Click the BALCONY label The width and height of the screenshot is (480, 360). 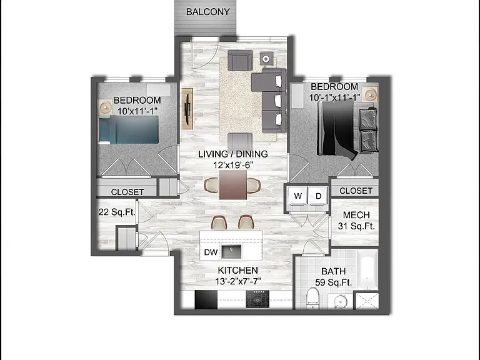tap(208, 12)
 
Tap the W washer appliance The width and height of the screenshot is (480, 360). tap(298, 196)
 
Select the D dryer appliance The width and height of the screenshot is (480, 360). tap(318, 196)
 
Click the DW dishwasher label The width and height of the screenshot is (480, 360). tap(211, 252)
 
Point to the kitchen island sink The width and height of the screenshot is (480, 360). tap(231, 251)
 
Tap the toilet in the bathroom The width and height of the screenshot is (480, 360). tap(313, 298)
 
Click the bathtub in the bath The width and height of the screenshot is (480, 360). tap(368, 270)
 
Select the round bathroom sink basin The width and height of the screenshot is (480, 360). tap(339, 301)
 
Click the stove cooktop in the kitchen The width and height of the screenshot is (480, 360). tap(257, 299)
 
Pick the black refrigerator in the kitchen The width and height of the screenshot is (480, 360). tap(206, 299)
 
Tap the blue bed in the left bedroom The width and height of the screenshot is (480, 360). tap(129, 129)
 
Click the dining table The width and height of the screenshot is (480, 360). tap(232, 185)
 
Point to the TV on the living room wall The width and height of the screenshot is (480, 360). tap(187, 109)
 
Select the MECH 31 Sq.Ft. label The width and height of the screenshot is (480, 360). tap(356, 221)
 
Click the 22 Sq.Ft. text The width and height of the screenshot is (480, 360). tap(117, 212)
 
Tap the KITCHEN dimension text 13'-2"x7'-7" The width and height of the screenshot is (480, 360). tap(238, 281)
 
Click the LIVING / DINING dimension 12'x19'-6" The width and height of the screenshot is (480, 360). tap(233, 165)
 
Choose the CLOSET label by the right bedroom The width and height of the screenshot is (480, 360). tap(356, 191)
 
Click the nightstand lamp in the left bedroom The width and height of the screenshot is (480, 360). tap(105, 107)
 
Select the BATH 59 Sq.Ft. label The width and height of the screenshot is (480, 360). tap(333, 277)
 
